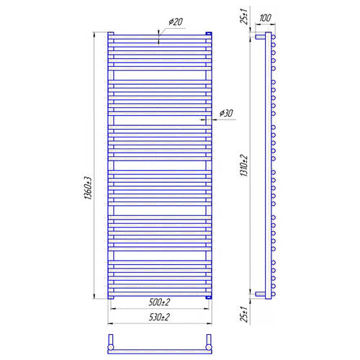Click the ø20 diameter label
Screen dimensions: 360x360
(176, 22)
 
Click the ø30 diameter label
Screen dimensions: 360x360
(226, 113)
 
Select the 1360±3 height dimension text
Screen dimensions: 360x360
(88, 188)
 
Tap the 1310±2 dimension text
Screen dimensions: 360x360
(244, 166)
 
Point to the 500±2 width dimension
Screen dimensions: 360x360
(159, 302)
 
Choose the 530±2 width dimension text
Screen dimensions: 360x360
(159, 318)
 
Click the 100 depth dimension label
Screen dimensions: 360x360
(265, 18)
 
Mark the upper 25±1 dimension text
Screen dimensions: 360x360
(244, 16)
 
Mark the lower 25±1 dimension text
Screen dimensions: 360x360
(244, 314)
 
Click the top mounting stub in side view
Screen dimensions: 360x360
(260, 37)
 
